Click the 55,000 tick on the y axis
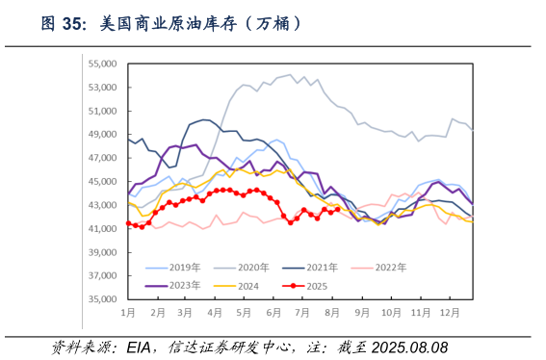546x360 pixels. tap(101, 64)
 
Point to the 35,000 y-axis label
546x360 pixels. tap(101, 299)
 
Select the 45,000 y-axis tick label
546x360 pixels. tap(101, 182)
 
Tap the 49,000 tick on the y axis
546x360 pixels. tap(101, 135)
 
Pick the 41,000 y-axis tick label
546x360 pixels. tap(101, 229)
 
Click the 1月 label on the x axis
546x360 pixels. tap(127, 314)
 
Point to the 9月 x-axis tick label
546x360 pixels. tap(362, 314)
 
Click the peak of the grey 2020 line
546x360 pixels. tap(291, 74)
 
